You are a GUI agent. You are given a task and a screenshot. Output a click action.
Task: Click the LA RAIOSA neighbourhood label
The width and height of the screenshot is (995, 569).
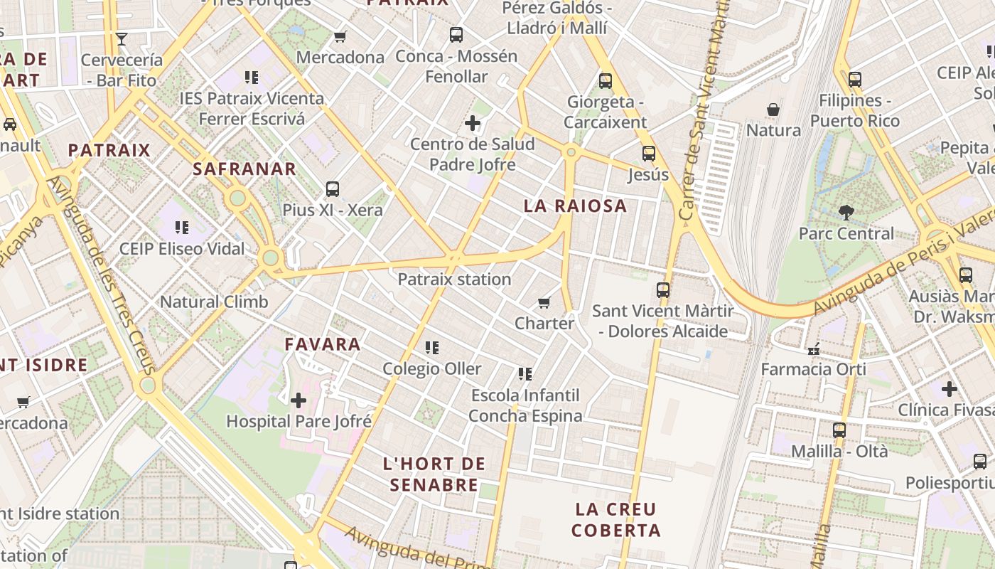pyautogui.click(x=575, y=206)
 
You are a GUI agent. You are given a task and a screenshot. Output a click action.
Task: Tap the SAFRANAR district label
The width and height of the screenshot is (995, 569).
pyautogui.click(x=244, y=169)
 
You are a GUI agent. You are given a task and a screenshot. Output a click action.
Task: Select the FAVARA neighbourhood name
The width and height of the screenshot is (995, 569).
pyautogui.click(x=323, y=344)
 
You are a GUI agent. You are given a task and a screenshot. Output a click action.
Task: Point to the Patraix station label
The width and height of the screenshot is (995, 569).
pyautogui.click(x=454, y=280)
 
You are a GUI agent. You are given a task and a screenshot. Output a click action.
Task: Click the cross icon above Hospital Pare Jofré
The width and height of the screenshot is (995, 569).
pyautogui.click(x=298, y=400)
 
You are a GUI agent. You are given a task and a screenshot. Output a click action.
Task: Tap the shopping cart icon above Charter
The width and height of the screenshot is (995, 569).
pyautogui.click(x=544, y=303)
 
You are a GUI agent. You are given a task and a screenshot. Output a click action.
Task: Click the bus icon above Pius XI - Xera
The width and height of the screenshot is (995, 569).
pyautogui.click(x=333, y=189)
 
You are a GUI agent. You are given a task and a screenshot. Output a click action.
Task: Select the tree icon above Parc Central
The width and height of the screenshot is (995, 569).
pyautogui.click(x=846, y=212)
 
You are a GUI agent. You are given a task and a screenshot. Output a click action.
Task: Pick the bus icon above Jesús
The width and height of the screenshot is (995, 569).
pyautogui.click(x=648, y=153)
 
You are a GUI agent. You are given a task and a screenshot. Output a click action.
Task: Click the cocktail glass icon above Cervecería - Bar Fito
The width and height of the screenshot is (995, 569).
pyautogui.click(x=122, y=38)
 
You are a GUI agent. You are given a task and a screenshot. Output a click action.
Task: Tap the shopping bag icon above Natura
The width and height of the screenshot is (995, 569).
pyautogui.click(x=773, y=110)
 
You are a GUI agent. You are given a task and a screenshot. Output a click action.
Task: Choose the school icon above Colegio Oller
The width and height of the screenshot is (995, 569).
pyautogui.click(x=432, y=348)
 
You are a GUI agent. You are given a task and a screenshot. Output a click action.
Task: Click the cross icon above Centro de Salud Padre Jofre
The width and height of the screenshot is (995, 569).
pyautogui.click(x=473, y=124)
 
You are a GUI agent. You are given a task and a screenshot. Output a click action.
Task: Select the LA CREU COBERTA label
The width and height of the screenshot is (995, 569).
pyautogui.click(x=616, y=520)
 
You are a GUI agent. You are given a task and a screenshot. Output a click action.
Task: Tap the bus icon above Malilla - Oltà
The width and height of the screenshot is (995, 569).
pyautogui.click(x=839, y=430)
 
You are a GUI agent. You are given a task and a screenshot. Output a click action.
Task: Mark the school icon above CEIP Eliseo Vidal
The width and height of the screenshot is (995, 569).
pyautogui.click(x=182, y=228)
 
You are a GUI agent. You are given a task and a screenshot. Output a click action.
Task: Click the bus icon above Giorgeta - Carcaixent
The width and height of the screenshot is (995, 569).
pyautogui.click(x=606, y=81)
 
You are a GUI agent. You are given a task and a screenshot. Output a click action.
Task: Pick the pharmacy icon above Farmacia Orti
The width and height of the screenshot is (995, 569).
pyautogui.click(x=814, y=349)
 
